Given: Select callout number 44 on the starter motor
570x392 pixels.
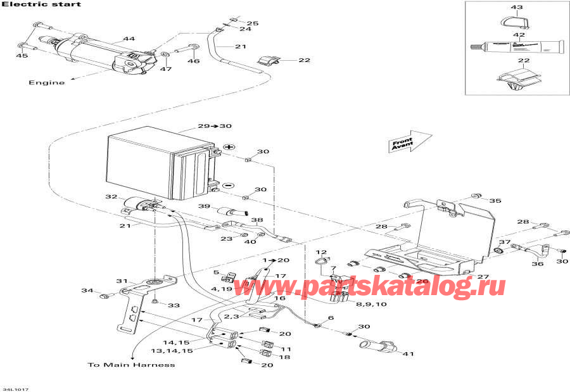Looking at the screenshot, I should tap(129, 39).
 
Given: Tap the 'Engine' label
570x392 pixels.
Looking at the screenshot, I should tap(46, 83).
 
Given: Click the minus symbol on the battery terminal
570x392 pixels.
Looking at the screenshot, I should tap(229, 186).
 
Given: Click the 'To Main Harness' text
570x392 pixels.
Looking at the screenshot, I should tap(131, 365).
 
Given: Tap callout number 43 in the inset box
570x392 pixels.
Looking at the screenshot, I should tap(517, 8).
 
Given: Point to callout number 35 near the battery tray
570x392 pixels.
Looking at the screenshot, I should tap(495, 201).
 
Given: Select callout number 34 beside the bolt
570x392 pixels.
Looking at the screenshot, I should tap(87, 291).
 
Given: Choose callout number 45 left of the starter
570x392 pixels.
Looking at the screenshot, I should tap(22, 56).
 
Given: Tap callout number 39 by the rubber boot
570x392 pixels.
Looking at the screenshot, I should tap(203, 207).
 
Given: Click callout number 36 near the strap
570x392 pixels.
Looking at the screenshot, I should tap(537, 264).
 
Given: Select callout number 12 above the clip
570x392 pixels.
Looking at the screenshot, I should tap(321, 253).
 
